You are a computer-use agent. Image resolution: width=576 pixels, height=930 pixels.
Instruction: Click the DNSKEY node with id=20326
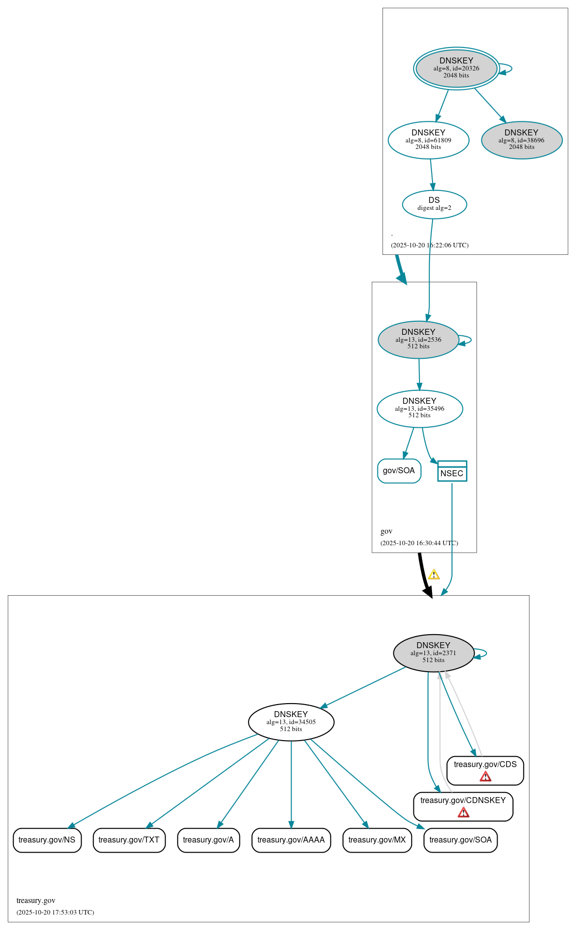(456, 68)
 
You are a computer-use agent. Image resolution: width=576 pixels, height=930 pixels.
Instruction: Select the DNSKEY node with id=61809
(428, 140)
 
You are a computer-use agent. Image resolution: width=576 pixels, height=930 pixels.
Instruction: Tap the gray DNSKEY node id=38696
(521, 140)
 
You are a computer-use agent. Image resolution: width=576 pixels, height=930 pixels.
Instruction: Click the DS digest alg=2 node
(434, 204)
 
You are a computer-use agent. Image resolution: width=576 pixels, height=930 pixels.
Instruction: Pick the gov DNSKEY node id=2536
(418, 340)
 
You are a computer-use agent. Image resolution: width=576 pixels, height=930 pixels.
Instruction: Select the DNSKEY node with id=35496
(419, 409)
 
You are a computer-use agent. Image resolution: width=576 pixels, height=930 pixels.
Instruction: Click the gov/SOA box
(399, 471)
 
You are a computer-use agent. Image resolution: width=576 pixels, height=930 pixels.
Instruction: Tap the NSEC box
(452, 472)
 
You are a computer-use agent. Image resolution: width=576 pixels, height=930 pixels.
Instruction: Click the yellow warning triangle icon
(434, 575)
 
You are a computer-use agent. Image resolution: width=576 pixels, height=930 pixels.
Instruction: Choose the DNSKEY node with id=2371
(433, 653)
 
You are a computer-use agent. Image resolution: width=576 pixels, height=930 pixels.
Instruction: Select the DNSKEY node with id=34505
(291, 722)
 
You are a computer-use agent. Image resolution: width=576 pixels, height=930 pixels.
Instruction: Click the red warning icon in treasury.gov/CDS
(485, 777)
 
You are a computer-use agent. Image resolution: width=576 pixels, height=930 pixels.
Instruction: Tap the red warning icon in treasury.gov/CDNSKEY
(463, 813)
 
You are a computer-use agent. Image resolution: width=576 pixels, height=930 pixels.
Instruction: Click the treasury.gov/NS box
(47, 840)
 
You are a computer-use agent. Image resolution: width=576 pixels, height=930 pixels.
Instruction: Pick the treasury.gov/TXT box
(129, 840)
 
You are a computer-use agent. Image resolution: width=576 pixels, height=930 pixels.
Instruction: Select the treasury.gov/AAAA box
(291, 840)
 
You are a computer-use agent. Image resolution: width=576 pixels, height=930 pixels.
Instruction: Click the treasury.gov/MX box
(377, 840)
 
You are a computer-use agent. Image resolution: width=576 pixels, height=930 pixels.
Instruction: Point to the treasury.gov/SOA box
(460, 840)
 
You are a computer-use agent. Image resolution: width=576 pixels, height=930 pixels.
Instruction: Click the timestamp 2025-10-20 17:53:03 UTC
(55, 913)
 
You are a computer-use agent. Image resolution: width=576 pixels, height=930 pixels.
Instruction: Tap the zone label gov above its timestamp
(386, 531)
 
